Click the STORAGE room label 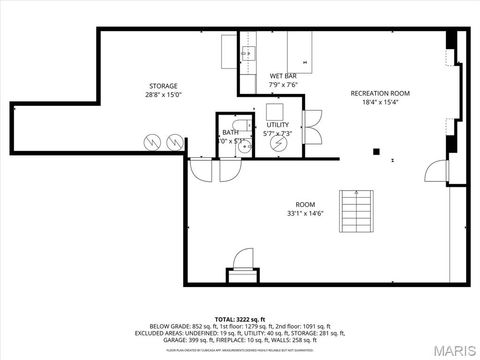tap(163, 86)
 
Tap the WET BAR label tap(283, 76)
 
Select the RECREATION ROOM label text tap(375, 93)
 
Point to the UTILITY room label tap(277, 124)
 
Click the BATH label tap(230, 132)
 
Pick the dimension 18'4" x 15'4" tap(375, 102)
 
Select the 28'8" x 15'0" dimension tap(163, 95)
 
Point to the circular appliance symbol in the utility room tap(279, 143)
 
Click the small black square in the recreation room tap(377, 152)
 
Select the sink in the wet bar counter tap(249, 53)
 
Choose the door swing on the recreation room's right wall tap(437, 169)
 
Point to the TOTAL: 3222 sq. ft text tap(240, 318)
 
